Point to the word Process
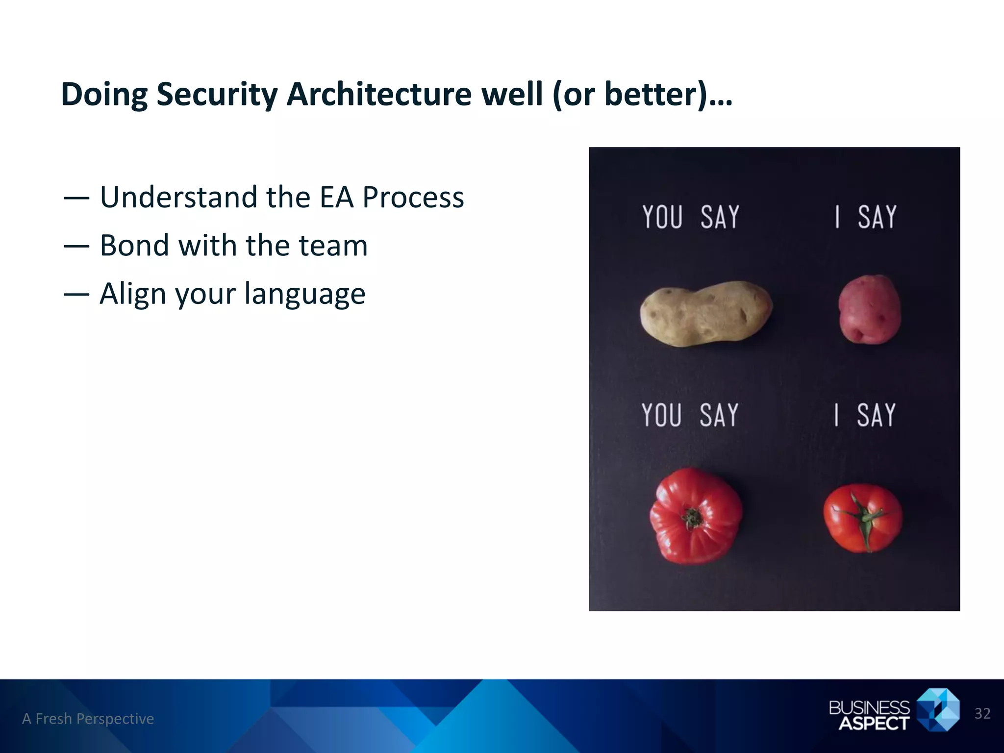(413, 198)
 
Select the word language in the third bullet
(304, 294)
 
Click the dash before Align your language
(76, 294)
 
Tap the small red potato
(869, 309)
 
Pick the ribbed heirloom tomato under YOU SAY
(695, 516)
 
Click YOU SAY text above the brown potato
(690, 217)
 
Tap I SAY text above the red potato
(866, 217)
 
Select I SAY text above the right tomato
(865, 415)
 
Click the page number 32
(982, 714)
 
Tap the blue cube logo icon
(937, 709)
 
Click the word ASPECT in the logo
(874, 723)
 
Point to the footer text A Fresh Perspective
(88, 719)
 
